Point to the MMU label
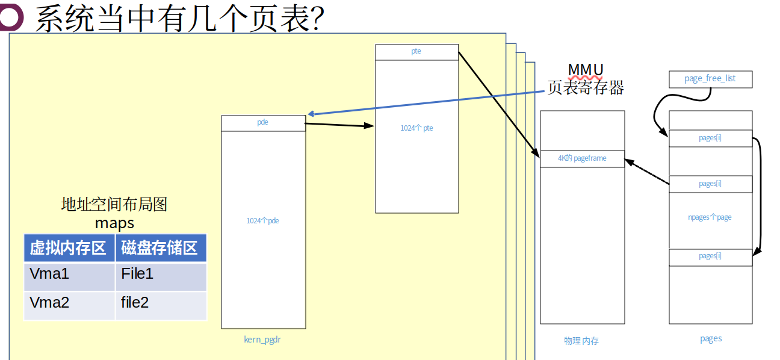(x=585, y=70)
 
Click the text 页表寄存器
(x=585, y=88)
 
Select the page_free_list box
(x=710, y=79)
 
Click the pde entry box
(x=263, y=123)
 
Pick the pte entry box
(x=416, y=52)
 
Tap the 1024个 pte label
(x=416, y=128)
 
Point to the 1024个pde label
(x=263, y=221)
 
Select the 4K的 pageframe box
(x=582, y=158)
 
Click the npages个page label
(x=710, y=217)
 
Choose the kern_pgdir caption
(x=263, y=340)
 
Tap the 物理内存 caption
(x=581, y=341)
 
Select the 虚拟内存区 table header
(x=69, y=248)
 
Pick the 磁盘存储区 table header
(x=160, y=248)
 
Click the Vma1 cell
(x=69, y=276)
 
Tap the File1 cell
(x=160, y=276)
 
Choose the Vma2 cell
(x=69, y=305)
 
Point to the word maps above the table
(x=114, y=223)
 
